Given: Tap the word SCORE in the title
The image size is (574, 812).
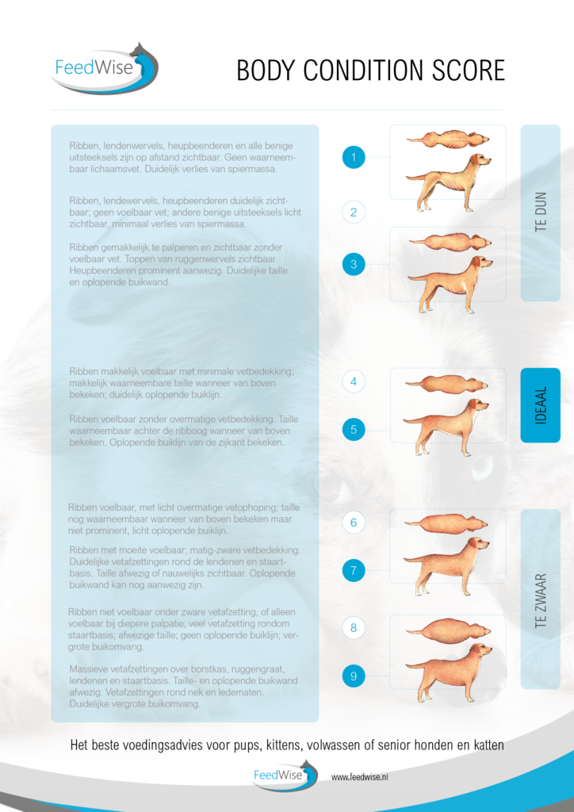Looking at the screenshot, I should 467,71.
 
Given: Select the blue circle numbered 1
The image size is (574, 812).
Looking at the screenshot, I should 354,158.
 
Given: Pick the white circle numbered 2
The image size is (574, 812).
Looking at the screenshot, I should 354,212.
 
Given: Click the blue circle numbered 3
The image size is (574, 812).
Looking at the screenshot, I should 354,264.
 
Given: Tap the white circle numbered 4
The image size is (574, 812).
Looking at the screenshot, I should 354,381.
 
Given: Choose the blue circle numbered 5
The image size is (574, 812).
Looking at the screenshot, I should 354,430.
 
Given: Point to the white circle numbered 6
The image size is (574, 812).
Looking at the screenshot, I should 354,523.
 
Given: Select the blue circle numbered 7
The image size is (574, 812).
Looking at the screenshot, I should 354,570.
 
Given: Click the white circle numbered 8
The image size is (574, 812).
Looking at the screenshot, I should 354,628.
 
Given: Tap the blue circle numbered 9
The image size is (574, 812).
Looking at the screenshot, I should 354,676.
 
